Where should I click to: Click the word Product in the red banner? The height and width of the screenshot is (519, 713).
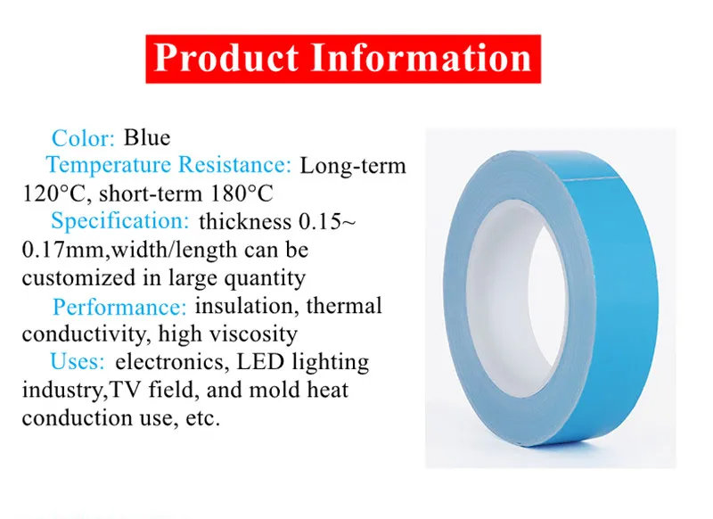click(225, 59)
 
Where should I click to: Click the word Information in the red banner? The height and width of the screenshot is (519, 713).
click(421, 59)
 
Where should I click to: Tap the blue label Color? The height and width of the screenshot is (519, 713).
click(84, 138)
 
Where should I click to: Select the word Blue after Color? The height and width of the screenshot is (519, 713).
click(147, 137)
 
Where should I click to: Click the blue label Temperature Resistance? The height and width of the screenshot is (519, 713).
click(168, 165)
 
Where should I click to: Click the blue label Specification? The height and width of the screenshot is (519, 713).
click(119, 221)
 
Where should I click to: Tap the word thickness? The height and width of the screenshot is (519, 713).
click(244, 221)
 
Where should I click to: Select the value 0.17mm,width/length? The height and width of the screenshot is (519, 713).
click(119, 250)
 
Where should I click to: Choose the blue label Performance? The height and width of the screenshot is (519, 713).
click(119, 307)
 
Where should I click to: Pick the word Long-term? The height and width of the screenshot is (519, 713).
click(353, 165)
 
